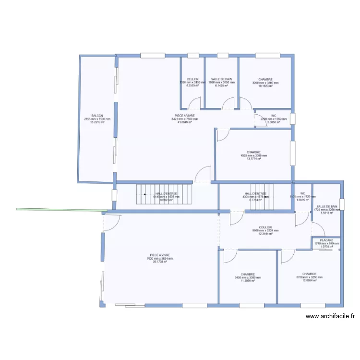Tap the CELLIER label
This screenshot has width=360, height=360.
192,79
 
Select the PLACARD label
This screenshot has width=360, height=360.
326,240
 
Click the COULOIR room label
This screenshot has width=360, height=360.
265,228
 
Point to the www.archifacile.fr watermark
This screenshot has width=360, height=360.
331,316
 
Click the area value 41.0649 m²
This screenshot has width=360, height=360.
185,122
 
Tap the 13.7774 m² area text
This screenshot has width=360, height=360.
253,159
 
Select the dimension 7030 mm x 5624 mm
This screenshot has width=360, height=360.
160,259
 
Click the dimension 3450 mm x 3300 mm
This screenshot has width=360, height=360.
248,277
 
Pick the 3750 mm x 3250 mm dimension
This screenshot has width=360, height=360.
309,277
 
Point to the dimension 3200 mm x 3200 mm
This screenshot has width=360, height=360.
265,83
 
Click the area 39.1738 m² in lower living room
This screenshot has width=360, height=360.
160,262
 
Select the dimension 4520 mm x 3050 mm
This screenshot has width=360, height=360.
253,156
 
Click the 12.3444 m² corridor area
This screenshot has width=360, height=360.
265,234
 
